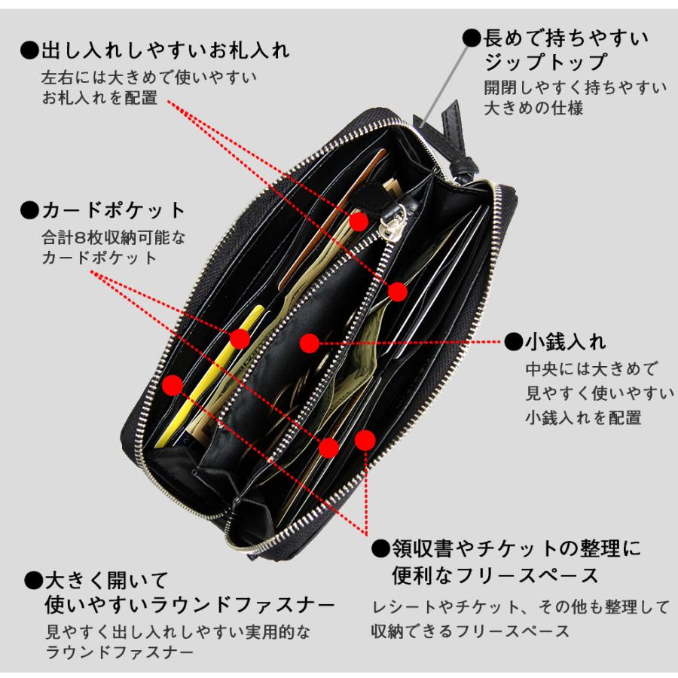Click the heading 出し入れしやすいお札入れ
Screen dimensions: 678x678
[x=163, y=51]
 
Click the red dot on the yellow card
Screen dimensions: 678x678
[x=240, y=338]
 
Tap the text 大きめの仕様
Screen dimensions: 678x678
[x=534, y=108]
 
